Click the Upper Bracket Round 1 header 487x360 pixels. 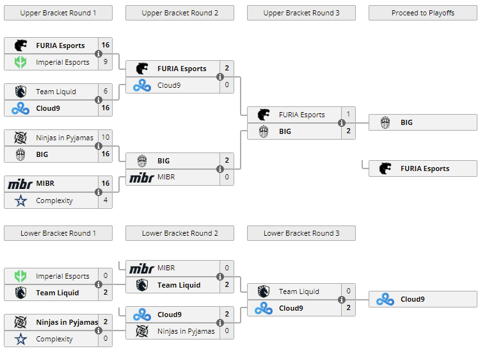tap(58, 13)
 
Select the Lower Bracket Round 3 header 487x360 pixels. tap(301, 233)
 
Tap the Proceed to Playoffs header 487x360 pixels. tap(423, 13)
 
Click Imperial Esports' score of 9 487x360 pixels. tap(105, 62)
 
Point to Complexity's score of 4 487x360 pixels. tap(105, 200)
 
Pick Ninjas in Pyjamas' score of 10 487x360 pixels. tap(105, 137)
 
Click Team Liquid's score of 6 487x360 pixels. tap(105, 92)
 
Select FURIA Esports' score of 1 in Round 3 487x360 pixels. tap(348, 115)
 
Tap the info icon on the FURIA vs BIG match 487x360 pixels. tap(342, 123)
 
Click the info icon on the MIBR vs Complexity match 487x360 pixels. tap(99, 192)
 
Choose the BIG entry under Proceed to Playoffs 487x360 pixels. tap(423, 122)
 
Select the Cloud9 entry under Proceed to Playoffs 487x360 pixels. tap(423, 299)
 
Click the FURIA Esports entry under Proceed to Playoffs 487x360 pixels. tap(423, 168)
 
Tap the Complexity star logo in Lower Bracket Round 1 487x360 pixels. tap(20, 339)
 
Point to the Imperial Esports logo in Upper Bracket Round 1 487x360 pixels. tap(20, 62)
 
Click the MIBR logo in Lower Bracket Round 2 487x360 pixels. tap(142, 268)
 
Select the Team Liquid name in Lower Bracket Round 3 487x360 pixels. tap(299, 291)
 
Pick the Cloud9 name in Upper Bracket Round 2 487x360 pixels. tap(169, 85)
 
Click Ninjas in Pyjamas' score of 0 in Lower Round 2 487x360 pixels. tap(227, 331)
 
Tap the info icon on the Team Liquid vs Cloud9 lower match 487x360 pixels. tap(342, 300)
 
